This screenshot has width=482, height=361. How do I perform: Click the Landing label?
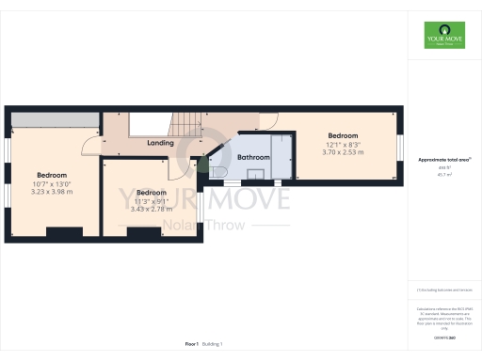pos(161,143)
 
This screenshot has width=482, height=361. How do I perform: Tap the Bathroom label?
pos(253,157)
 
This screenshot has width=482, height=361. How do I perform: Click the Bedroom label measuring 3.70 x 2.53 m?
pos(343,135)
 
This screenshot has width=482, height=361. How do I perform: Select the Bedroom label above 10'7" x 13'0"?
pos(52,176)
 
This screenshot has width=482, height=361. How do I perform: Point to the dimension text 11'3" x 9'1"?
pos(151,199)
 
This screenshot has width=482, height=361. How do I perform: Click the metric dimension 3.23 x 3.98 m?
pos(53,192)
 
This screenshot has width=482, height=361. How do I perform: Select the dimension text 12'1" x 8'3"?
pos(343,144)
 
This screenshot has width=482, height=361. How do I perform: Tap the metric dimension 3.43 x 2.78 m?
pos(151,208)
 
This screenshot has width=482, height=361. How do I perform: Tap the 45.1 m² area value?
pos(442,174)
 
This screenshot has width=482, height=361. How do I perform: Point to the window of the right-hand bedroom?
pos(401,149)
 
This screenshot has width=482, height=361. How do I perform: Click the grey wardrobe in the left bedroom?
pos(53,118)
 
